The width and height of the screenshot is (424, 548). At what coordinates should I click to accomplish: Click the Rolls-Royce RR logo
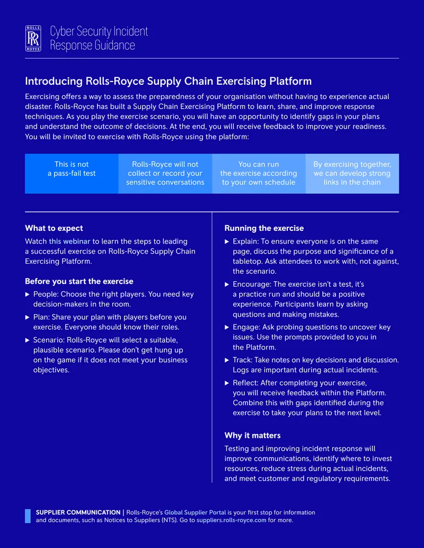(33, 39)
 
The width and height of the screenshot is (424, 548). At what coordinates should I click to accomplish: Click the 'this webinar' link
(69, 241)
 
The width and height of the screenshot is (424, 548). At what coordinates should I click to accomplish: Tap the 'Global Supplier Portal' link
(195, 513)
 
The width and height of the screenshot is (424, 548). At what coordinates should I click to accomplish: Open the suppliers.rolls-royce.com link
(231, 520)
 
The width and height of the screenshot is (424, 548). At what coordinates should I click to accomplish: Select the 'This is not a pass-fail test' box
(72, 174)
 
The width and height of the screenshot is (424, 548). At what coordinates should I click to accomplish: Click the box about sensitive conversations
(165, 174)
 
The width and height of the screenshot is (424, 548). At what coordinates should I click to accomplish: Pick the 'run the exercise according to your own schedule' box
(259, 174)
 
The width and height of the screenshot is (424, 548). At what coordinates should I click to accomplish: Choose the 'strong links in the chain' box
(352, 174)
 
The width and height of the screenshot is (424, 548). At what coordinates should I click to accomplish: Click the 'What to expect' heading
(54, 228)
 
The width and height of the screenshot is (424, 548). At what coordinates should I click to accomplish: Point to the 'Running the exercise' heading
(264, 228)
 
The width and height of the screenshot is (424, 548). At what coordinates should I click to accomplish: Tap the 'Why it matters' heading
(253, 435)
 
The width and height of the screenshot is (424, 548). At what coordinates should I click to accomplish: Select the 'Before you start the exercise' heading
(79, 281)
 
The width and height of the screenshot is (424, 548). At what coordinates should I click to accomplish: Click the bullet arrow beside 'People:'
(27, 294)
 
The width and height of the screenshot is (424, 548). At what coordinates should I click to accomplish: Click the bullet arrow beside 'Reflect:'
(227, 383)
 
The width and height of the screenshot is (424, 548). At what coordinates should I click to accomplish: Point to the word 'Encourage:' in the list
(252, 284)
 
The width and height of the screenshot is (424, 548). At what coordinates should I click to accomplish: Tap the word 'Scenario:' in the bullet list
(49, 340)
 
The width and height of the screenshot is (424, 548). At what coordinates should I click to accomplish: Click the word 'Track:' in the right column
(242, 360)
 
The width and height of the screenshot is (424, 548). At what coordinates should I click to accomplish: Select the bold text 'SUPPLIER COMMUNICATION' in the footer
(78, 513)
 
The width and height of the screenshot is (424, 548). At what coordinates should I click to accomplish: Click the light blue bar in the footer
(28, 516)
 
